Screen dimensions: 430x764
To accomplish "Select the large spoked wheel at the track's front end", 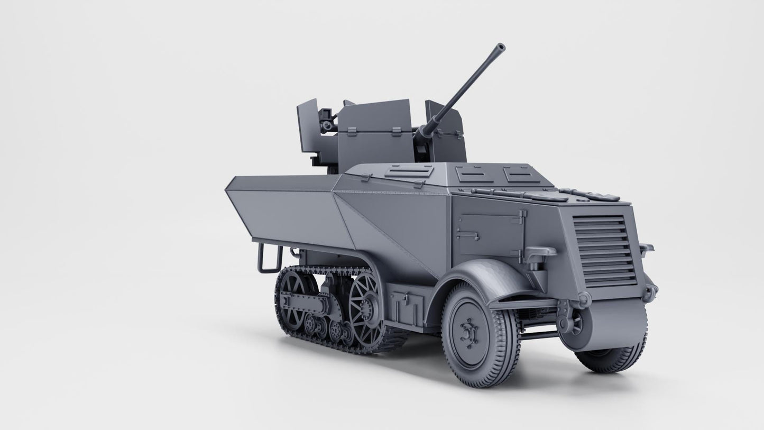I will click(x=364, y=306).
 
